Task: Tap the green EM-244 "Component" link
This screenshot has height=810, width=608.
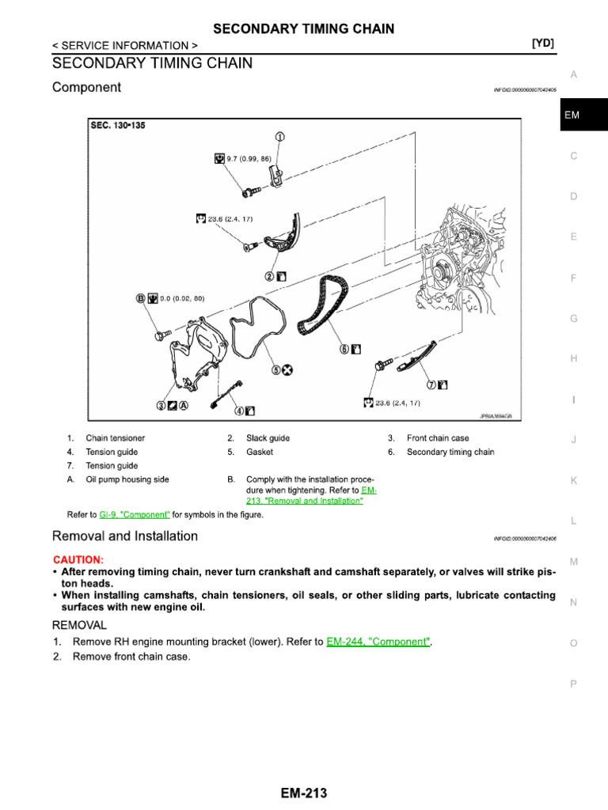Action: pos(379,642)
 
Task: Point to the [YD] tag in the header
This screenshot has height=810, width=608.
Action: pos(542,45)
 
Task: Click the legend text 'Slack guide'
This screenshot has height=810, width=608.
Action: pos(268,438)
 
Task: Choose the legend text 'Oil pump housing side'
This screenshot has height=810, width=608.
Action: pos(127,479)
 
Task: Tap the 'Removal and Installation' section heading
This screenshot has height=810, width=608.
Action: pos(125,536)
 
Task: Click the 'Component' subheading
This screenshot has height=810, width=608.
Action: pos(86,88)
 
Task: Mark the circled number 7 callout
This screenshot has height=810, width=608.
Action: pos(431,384)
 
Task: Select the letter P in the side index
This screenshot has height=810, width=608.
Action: pos(574,683)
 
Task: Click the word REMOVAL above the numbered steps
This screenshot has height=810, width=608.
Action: pos(79,624)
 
